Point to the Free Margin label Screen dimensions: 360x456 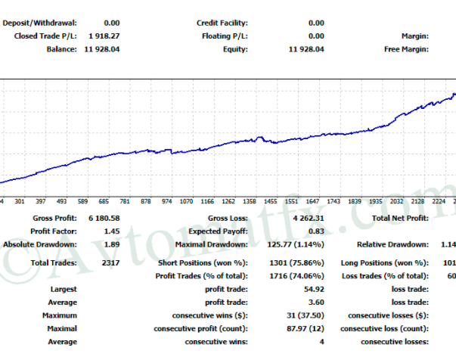406,49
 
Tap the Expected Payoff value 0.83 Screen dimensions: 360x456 316,231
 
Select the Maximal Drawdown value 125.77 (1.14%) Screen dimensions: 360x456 292,244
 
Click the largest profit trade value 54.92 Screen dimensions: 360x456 313,290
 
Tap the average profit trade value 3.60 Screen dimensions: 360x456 316,303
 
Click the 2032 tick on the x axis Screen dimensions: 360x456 397,202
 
